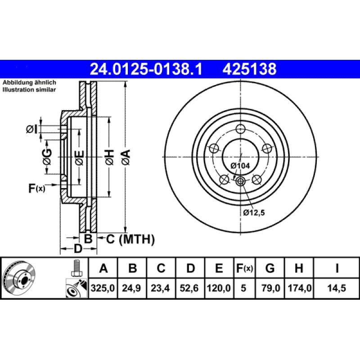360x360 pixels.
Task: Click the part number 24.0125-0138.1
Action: tap(146, 69)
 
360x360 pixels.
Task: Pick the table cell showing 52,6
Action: tap(190, 288)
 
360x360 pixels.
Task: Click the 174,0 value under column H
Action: tap(298, 288)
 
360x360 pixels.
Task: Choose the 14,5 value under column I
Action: tap(337, 288)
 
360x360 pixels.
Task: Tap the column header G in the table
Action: tap(270, 269)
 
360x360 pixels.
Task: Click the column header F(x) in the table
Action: tap(244, 269)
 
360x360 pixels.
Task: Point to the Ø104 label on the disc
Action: tap(240, 166)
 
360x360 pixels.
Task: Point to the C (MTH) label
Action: tap(130, 239)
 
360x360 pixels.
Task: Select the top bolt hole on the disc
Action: tap(240, 128)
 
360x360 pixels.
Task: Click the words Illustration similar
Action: tap(29, 90)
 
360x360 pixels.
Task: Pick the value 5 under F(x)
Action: tap(244, 288)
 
